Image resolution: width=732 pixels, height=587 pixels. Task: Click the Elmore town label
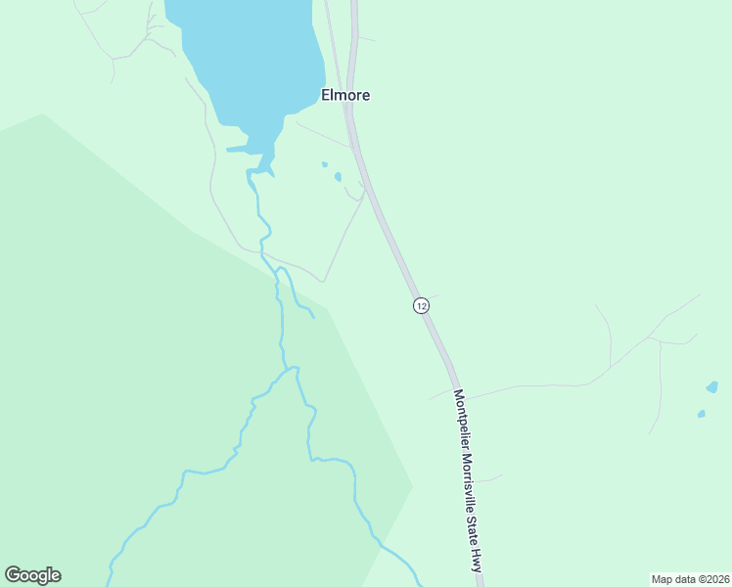click(345, 96)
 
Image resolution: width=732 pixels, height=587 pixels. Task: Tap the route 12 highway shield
click(421, 305)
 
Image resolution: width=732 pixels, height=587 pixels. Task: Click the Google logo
click(32, 575)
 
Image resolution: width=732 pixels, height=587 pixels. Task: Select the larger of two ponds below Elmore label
click(338, 177)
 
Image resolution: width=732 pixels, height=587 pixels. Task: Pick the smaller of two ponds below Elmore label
click(324, 164)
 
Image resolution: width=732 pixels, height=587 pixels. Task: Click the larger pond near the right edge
click(711, 387)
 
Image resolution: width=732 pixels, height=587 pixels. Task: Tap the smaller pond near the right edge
click(701, 414)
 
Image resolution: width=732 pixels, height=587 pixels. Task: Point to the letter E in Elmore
click(326, 96)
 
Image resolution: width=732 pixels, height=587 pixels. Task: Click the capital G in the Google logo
click(13, 575)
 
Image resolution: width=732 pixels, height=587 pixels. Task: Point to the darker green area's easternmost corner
click(412, 486)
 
